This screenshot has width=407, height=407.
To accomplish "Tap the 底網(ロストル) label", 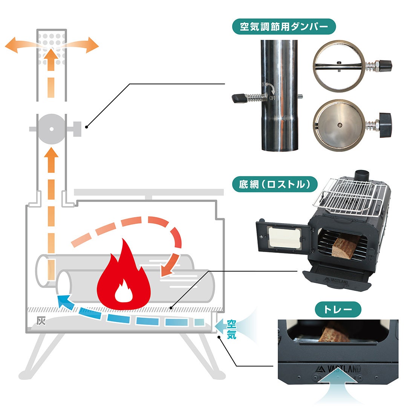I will pos(274,184).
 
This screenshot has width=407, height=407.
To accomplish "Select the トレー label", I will pos(338,310).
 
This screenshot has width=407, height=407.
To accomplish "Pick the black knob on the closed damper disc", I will pos(386,124).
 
